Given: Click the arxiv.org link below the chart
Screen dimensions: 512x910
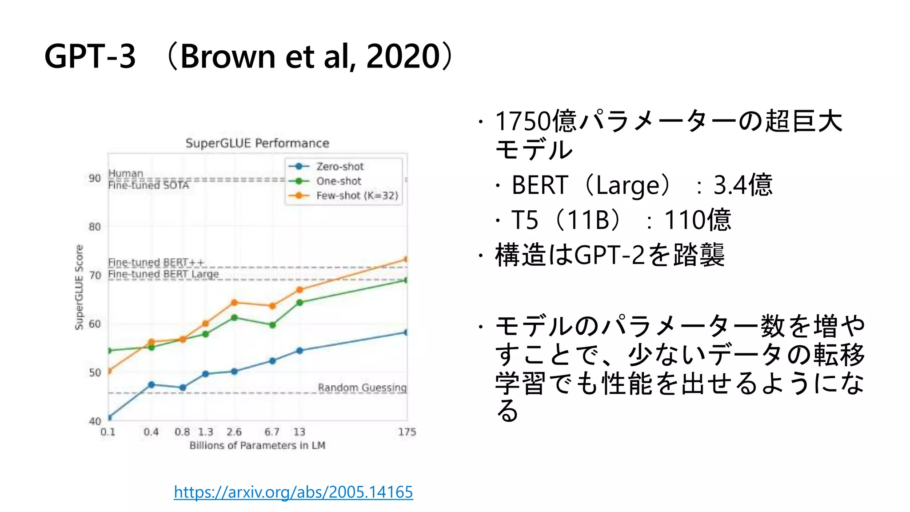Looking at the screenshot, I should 293,492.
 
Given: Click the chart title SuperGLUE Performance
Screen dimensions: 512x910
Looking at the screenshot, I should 257,143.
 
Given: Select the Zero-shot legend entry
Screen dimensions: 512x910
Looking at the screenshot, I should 339,167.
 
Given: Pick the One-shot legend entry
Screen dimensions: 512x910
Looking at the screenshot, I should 339,181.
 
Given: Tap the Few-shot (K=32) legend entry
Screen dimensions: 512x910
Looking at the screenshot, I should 357,196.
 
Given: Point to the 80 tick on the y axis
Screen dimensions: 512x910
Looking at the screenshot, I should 95,227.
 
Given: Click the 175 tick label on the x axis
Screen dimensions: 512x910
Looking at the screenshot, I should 407,432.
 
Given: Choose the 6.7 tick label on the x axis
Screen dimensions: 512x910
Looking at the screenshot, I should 272,432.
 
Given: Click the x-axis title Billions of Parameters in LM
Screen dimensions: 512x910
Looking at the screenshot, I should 257,445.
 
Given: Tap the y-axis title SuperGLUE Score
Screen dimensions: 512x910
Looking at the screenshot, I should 79,287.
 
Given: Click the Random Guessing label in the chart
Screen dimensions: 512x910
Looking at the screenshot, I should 362,388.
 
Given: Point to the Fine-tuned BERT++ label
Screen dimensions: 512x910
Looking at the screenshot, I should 156,262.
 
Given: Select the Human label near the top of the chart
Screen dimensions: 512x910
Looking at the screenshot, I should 126,173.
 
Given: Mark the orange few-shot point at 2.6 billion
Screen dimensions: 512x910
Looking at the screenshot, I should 234,303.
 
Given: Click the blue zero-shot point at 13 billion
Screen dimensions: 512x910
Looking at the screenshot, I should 299,351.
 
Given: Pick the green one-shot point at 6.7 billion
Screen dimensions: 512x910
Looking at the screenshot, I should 272,325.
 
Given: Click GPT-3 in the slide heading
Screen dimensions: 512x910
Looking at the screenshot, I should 90,56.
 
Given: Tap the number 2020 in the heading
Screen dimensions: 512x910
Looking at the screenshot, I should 403,56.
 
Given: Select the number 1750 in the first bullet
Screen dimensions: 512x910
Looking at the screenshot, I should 522,121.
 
